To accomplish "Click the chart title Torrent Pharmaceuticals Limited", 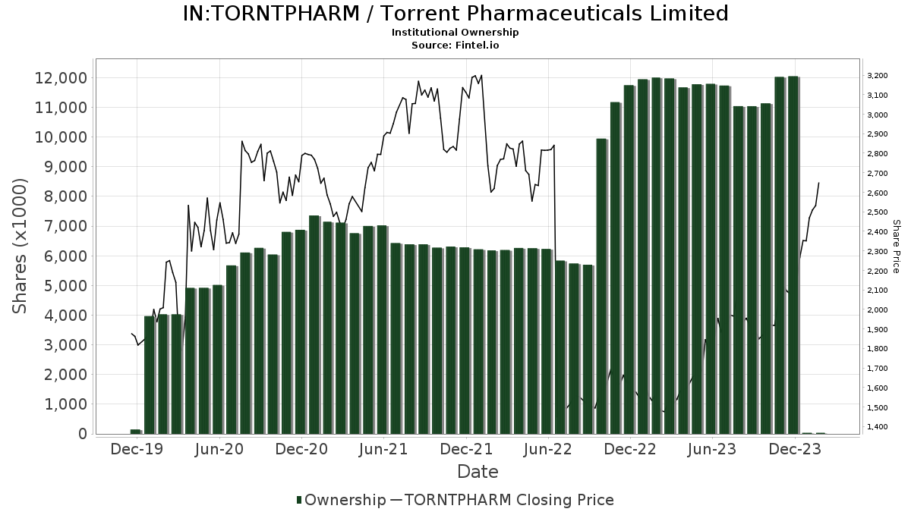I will (455, 14).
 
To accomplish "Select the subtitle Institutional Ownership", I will (455, 33).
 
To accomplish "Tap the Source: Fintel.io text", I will (455, 45).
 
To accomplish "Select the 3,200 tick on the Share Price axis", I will (877, 76).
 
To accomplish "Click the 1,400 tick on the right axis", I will (877, 427).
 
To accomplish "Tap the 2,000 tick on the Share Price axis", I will (877, 310).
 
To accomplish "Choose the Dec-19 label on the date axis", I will (137, 449).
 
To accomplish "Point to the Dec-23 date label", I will (795, 449).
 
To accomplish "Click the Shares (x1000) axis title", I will (20, 246).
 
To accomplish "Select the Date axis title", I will (478, 472).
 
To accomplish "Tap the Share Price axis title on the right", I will (896, 246).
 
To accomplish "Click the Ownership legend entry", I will (345, 500).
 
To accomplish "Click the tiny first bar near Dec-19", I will (135, 432).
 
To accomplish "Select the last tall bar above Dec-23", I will (793, 255).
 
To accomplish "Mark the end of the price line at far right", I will (818, 183).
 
